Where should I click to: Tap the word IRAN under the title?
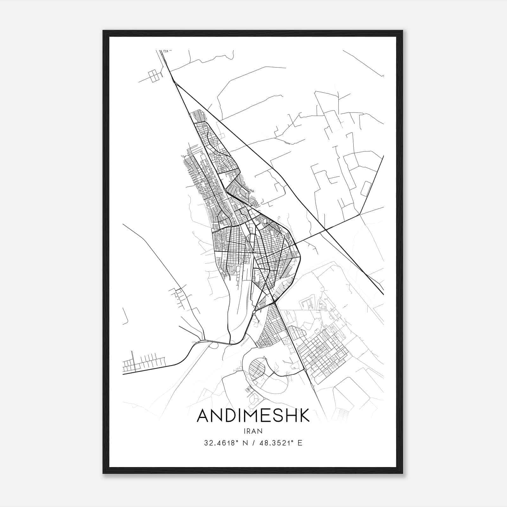point(253,431)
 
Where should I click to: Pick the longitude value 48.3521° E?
point(281,443)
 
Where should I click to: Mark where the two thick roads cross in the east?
point(325,229)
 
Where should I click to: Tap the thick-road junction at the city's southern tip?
point(274,303)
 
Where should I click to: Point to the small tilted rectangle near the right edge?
point(366,189)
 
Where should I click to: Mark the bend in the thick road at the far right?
point(360,215)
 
